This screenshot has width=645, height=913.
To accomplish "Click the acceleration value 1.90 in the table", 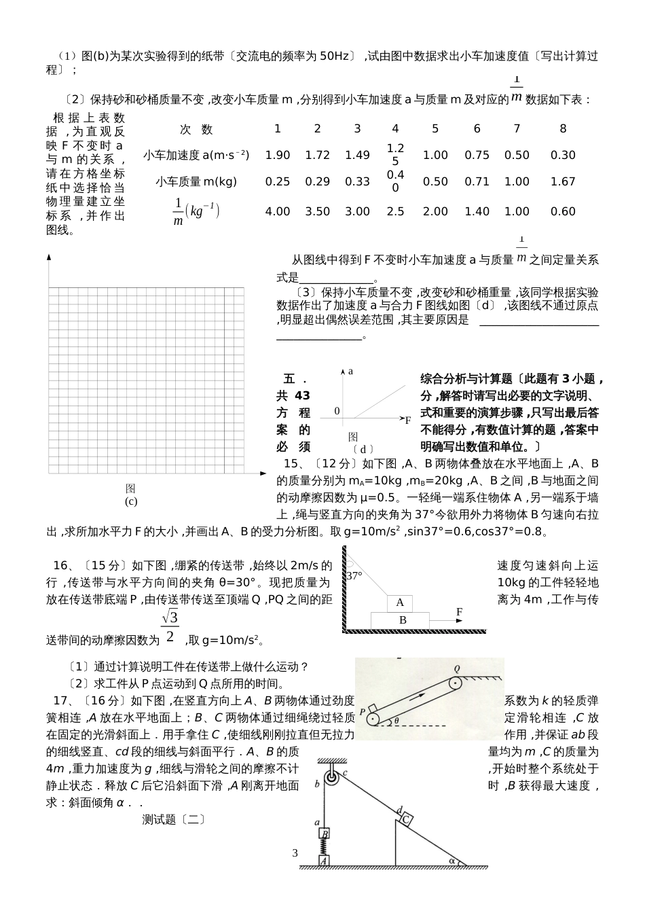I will click(x=277, y=155).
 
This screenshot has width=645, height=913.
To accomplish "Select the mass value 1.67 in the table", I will click(x=563, y=181).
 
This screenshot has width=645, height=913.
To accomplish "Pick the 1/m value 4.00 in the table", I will click(x=277, y=211).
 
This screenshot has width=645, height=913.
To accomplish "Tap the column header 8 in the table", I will click(x=563, y=128).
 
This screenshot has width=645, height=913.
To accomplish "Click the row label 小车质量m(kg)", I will click(x=196, y=181).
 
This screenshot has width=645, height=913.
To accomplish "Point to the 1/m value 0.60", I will click(x=563, y=211).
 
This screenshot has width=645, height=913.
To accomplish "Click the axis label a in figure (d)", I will click(x=350, y=372).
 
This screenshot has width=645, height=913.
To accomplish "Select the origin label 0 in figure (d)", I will click(x=336, y=411).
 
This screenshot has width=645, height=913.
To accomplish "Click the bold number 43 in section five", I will click(x=303, y=395).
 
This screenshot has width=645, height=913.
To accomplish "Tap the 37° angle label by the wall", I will click(x=354, y=575).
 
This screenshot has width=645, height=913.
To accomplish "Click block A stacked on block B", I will click(x=400, y=603).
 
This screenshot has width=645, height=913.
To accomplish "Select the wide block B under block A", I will click(x=402, y=620).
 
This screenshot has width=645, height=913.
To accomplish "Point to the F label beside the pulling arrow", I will click(x=459, y=612).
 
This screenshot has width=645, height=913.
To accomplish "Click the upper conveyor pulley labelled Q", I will click(x=454, y=683).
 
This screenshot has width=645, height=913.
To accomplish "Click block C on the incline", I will click(x=405, y=819).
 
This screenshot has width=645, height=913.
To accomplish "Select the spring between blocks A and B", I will click(x=325, y=847).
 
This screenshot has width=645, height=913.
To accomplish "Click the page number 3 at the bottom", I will click(x=295, y=853).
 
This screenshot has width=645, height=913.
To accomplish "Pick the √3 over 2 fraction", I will click(x=170, y=626).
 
